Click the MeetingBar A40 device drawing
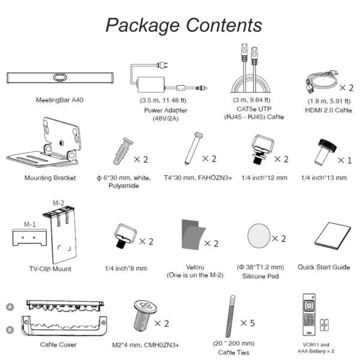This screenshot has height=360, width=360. tap(60, 78)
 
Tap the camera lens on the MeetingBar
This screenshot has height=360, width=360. tap(60, 77)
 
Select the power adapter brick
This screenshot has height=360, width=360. tap(151, 85)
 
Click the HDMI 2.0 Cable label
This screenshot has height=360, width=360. tap(328, 110)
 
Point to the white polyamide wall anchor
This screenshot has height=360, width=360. tap(123, 151)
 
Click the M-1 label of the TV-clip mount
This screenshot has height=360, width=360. tap(30, 224)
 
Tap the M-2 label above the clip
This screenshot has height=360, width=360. tap(59, 203)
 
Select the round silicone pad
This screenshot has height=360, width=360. tap(259, 236)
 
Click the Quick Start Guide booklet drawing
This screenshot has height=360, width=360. tap(332, 236)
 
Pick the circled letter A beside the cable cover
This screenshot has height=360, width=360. tap(10, 307)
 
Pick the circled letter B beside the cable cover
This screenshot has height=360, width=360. tap(10, 329)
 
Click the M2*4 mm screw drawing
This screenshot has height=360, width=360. tap(145, 316)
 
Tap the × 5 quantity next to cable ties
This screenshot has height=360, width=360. tap(247, 323)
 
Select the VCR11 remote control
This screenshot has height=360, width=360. tap(309, 314)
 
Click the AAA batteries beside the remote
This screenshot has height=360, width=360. tap(324, 325)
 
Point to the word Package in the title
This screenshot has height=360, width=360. tap(142, 26)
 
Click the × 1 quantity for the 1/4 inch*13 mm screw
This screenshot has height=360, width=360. tap(344, 160)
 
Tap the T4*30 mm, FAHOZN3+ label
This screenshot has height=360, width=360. tap(197, 178)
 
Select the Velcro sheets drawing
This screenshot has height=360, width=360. tap(193, 235)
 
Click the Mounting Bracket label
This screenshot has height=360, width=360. tap(50, 178)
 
